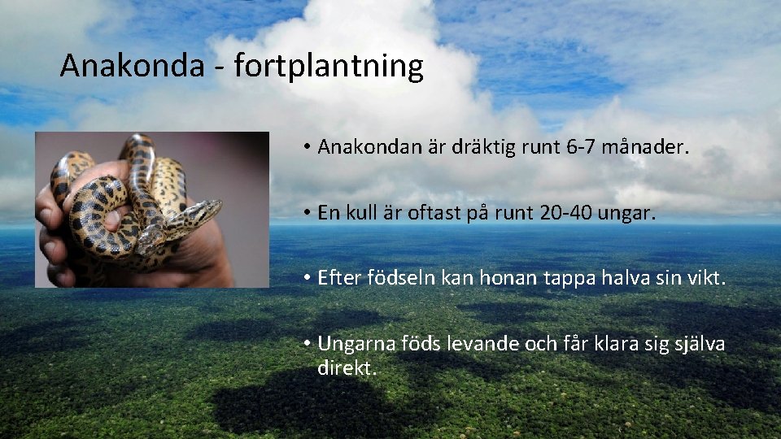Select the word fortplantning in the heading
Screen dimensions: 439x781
329,67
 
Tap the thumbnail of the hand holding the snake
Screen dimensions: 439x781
152,210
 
